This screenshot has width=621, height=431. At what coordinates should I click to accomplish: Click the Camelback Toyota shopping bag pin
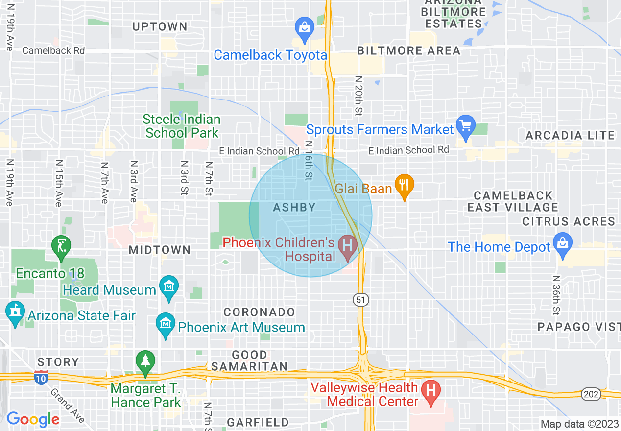305,26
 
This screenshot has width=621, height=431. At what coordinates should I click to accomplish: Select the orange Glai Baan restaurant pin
405,185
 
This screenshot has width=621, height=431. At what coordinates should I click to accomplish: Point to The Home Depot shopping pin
562,243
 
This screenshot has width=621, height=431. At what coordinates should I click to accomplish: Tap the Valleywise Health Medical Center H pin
431,391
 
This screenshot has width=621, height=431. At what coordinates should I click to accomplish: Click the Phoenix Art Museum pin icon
166,324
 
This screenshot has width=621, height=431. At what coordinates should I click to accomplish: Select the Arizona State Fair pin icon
15,311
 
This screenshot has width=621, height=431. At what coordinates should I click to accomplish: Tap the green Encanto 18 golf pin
62,245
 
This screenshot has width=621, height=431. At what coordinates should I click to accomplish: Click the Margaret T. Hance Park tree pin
145,361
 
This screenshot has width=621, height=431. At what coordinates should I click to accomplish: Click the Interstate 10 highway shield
41,377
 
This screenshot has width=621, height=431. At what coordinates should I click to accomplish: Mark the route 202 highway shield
589,393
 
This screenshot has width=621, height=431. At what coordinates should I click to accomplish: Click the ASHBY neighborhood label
294,208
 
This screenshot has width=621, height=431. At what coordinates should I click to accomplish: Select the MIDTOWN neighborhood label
160,250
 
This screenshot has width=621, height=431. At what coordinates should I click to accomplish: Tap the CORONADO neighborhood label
260,312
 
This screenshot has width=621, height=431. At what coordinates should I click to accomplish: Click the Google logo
33,419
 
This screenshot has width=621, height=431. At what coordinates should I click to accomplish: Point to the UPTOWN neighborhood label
160,27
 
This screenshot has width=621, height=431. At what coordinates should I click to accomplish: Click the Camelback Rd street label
53,50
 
